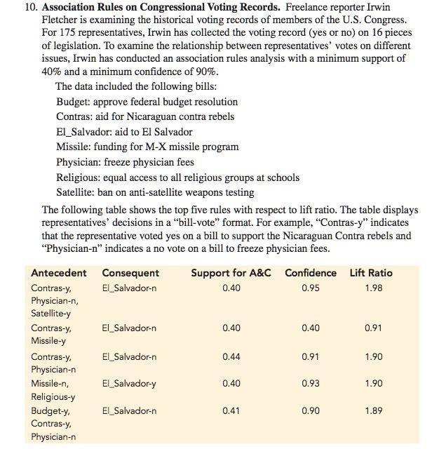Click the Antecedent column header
coord(59,273)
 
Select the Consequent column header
coord(130,273)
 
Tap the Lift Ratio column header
coord(371,273)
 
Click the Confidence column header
coord(310,273)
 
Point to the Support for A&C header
coord(231,273)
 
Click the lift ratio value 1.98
coord(373,288)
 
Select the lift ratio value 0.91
coord(373,328)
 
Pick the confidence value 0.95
coord(310,288)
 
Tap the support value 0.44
coord(231,357)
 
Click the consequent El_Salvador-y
coord(129,384)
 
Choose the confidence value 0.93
coord(310,384)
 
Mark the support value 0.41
coord(231,410)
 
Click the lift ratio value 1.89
coord(373,410)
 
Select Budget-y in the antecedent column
coord(50,410)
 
